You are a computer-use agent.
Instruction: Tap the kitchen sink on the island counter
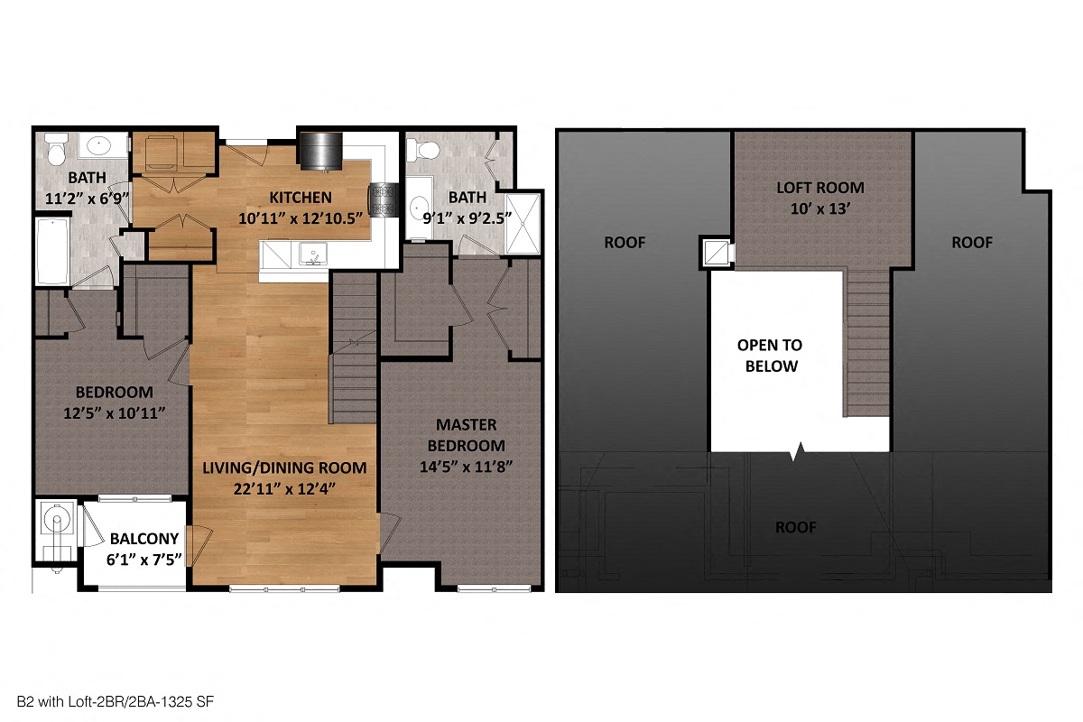(313, 255)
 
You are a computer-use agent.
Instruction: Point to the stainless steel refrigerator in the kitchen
(319, 151)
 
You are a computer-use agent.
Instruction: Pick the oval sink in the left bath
(96, 145)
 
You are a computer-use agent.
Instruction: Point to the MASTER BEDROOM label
(467, 435)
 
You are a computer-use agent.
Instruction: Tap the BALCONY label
(145, 539)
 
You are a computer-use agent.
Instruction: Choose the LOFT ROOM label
(820, 188)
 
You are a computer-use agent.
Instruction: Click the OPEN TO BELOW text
(769, 356)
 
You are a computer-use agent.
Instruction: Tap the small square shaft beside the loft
(715, 253)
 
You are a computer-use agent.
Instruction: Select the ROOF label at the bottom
(796, 527)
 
